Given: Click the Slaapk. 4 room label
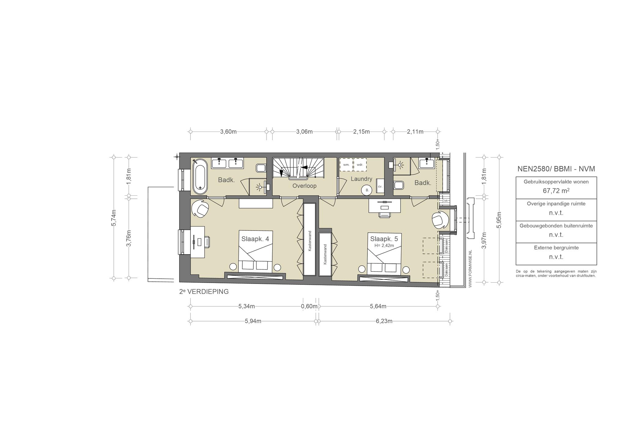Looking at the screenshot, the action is point(255,239).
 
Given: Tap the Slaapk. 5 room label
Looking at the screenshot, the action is point(384,239).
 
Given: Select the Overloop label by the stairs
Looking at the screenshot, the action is point(304,186).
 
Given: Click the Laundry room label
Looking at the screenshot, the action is point(361,179).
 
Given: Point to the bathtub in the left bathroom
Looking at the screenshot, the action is point(200,176).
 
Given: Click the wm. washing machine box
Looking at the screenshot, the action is point(346,165).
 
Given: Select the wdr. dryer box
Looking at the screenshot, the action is point(360,165).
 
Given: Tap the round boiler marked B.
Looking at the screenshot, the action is point(367,190).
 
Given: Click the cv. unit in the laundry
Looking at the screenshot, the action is point(380,186).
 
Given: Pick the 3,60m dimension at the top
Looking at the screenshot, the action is point(228,132).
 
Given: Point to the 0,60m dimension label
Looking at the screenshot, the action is point(309,306).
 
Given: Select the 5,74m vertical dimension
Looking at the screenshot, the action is point(114,218).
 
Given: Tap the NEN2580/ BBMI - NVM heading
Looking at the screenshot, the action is point(556,169).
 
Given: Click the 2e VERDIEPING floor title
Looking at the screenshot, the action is point(204,292).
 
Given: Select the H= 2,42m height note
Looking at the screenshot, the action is point(384,245).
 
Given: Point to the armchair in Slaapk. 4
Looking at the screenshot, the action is point(200,209).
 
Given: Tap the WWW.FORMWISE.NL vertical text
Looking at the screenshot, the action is point(470,268).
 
